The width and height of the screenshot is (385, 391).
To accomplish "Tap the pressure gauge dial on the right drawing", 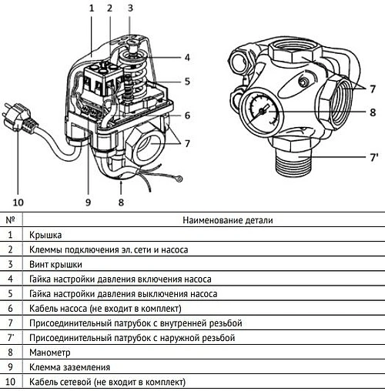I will [261, 111].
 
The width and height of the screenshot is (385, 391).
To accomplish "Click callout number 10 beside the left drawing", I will [17, 202].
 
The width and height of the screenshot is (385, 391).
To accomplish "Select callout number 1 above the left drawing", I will [90, 8].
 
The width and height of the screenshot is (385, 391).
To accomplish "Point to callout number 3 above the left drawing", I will [129, 8].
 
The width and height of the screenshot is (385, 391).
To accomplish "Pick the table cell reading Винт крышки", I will [55, 264].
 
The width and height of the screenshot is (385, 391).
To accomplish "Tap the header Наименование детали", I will [227, 220].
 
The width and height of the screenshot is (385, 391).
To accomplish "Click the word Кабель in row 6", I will [42, 308].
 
